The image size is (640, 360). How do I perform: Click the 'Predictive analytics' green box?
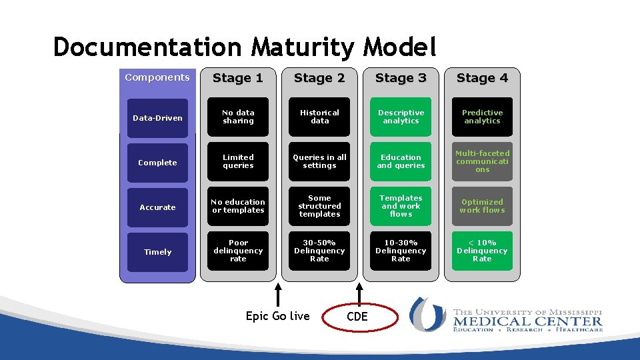click(482, 117)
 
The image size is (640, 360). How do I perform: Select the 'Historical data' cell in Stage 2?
click(319, 117)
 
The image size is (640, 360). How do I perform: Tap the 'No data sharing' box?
click(238, 117)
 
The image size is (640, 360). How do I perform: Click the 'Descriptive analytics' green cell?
click(401, 117)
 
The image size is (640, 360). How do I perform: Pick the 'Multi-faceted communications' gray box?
click(482, 162)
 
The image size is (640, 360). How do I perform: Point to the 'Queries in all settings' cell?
click(319, 162)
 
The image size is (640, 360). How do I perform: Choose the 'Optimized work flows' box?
click(482, 207)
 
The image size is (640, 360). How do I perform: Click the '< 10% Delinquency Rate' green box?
click(482, 251)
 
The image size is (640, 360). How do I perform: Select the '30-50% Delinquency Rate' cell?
click(319, 251)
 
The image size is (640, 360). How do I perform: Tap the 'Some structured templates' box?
click(319, 207)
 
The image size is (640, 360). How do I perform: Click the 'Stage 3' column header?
click(401, 78)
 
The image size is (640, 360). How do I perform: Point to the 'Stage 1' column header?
click(238, 78)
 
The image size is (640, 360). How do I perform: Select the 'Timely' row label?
click(157, 252)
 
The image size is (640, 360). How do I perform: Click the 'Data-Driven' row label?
click(157, 118)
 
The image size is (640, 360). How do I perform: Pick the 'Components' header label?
click(157, 77)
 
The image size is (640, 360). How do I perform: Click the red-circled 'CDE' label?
click(357, 317)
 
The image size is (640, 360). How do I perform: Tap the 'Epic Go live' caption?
click(277, 316)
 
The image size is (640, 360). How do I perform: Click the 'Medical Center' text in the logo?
click(527, 322)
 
